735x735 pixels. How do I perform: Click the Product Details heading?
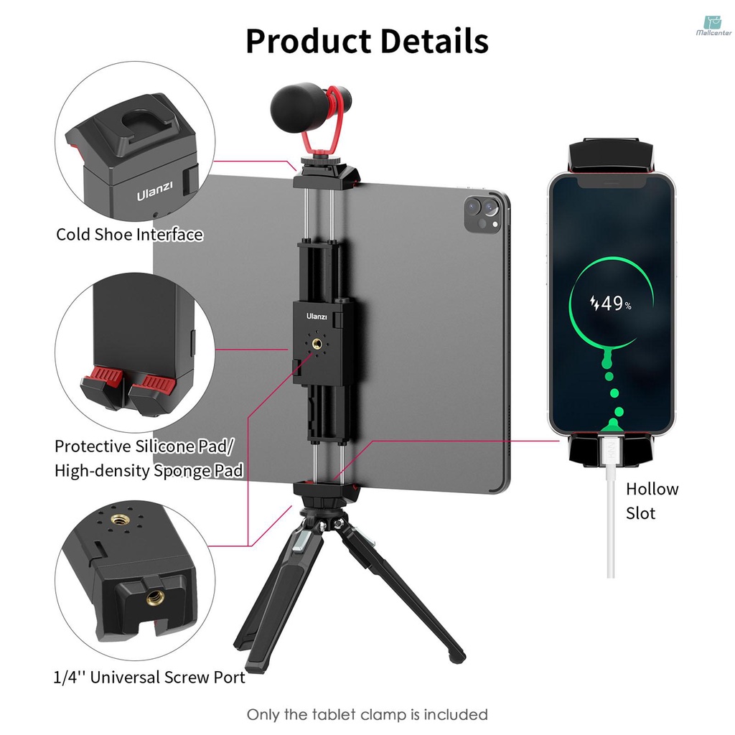pyautogui.click(x=367, y=41)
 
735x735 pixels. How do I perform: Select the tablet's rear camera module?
pyautogui.click(x=482, y=213)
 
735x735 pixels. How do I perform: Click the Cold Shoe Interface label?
pyautogui.click(x=129, y=235)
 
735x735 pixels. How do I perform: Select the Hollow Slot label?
pyautogui.click(x=652, y=501)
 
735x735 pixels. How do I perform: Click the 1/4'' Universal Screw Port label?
pyautogui.click(x=149, y=677)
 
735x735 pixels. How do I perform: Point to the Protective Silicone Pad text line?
pyautogui.click(x=144, y=446)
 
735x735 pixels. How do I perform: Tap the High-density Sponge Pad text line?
pyautogui.click(x=149, y=471)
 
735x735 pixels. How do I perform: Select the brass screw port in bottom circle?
pyautogui.click(x=154, y=597)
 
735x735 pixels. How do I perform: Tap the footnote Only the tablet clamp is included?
pyautogui.click(x=367, y=715)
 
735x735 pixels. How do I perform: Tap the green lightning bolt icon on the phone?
pyautogui.click(x=594, y=304)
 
